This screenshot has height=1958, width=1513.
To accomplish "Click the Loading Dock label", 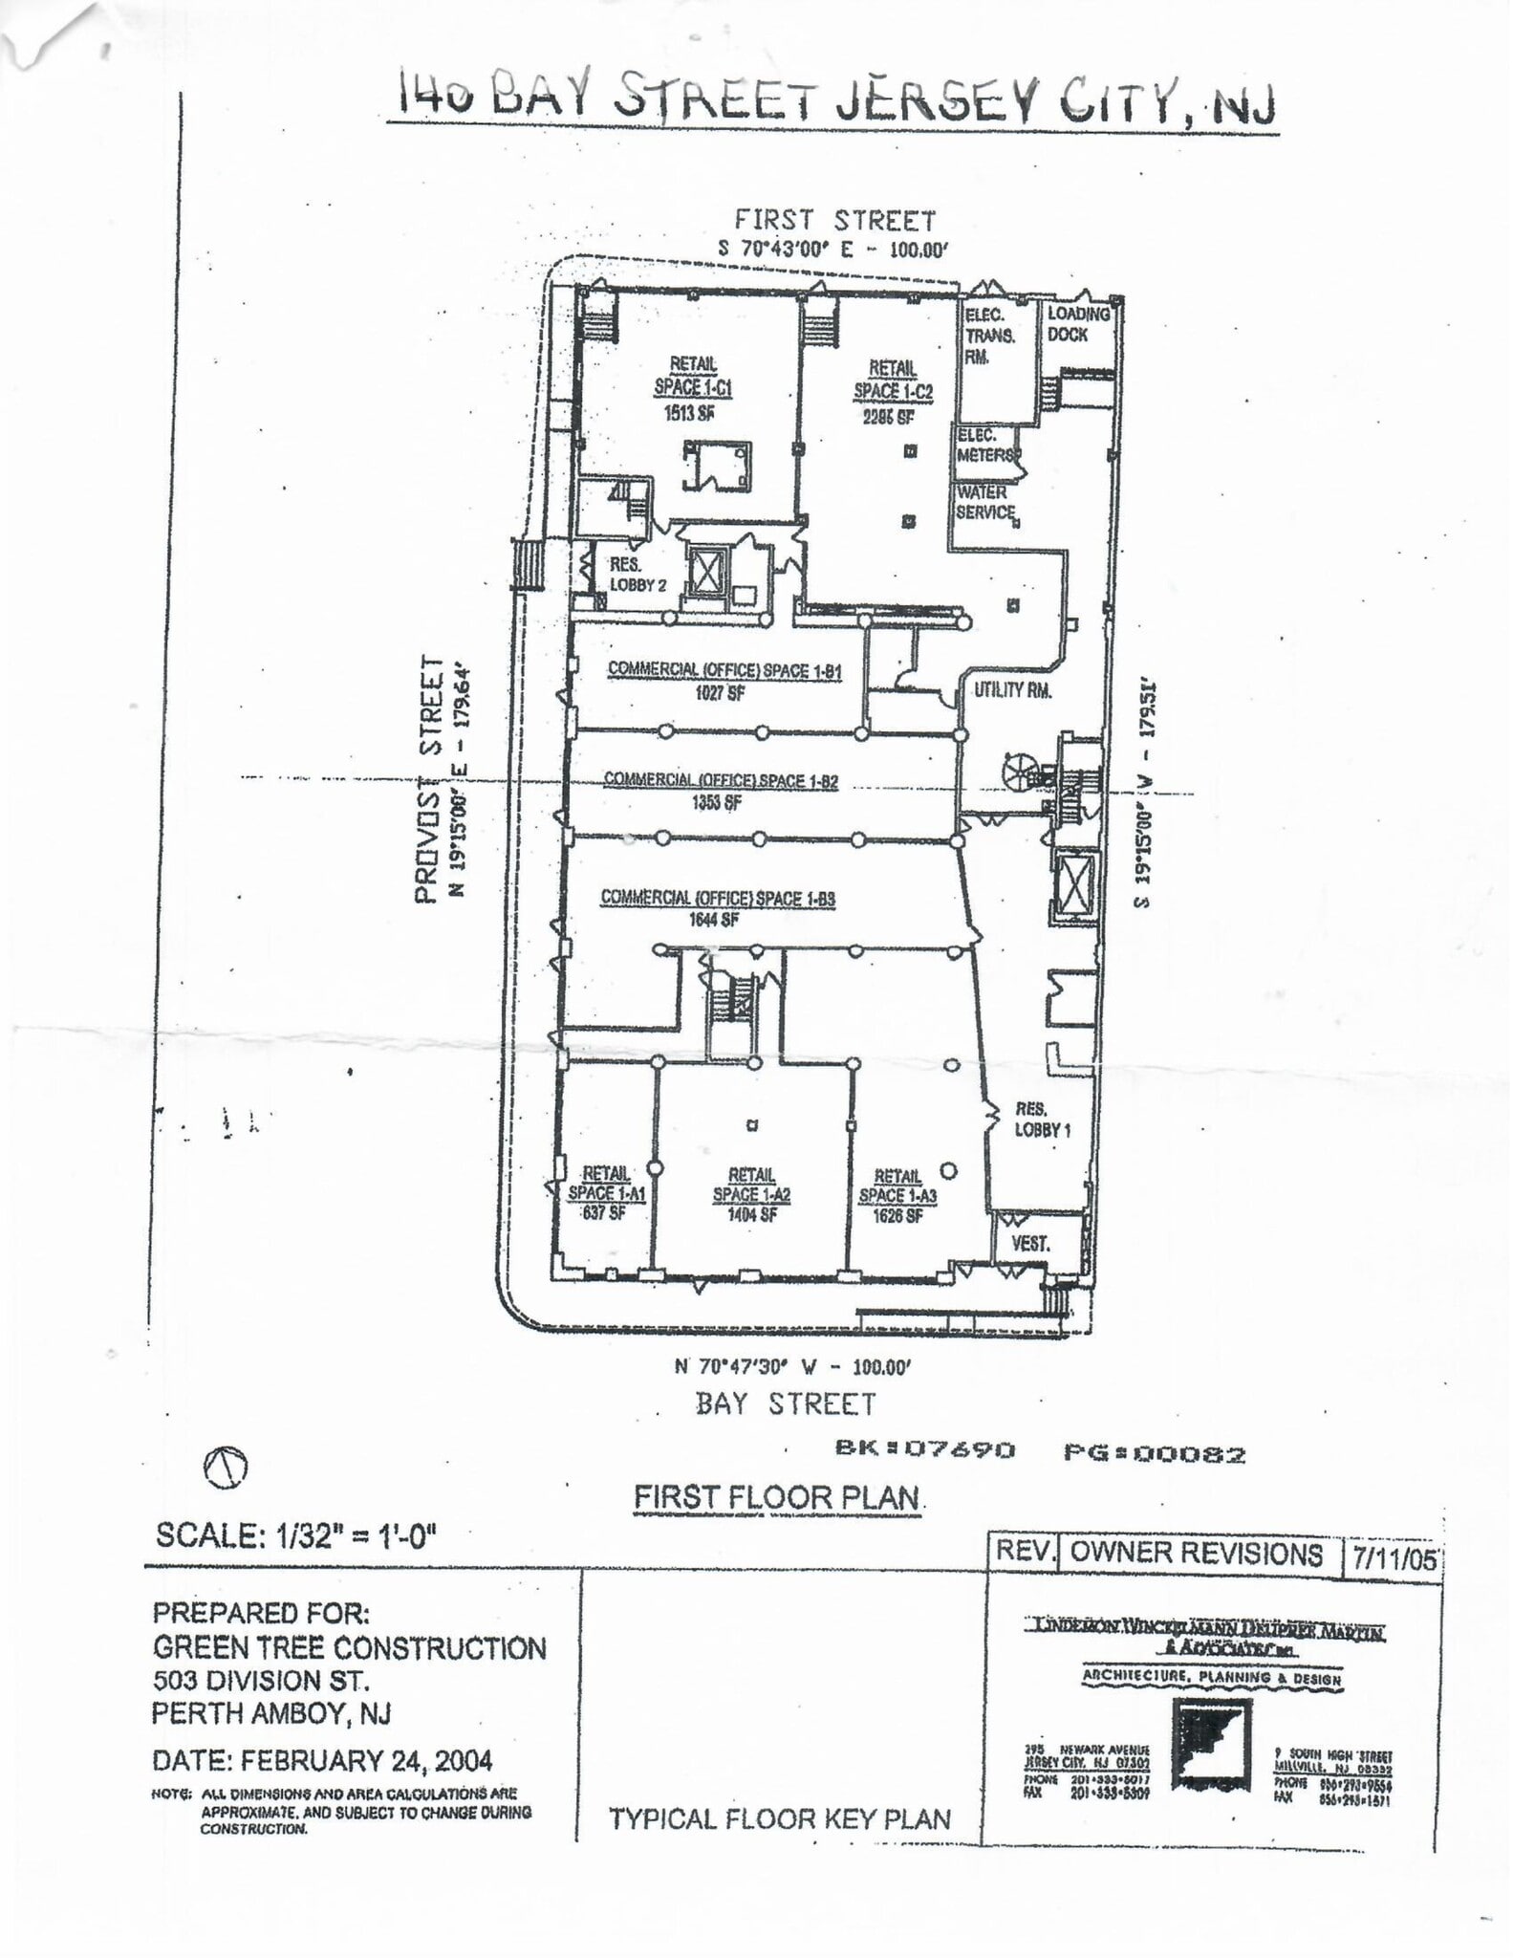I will click(x=1077, y=324).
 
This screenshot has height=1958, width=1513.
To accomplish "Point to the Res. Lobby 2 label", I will click(x=638, y=576).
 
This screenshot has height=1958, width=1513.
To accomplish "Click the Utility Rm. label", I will click(x=1012, y=690).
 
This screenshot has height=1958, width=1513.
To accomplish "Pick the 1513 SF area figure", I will click(x=689, y=414).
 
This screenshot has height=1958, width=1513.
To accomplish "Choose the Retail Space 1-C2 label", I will click(x=893, y=380).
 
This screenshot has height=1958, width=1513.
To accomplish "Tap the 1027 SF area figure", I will click(x=720, y=694).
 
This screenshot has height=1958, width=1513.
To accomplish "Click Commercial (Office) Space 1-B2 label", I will click(x=721, y=781).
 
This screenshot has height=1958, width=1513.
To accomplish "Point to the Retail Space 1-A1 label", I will click(x=606, y=1184).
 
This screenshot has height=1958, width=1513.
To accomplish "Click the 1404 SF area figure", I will click(x=751, y=1215).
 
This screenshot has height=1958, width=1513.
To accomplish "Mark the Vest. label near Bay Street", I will click(x=1030, y=1244).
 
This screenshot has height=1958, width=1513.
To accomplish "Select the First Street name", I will click(x=834, y=221).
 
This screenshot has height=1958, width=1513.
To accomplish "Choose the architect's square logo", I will click(x=1212, y=1745).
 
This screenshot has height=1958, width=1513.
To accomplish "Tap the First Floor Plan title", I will click(x=777, y=1523).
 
